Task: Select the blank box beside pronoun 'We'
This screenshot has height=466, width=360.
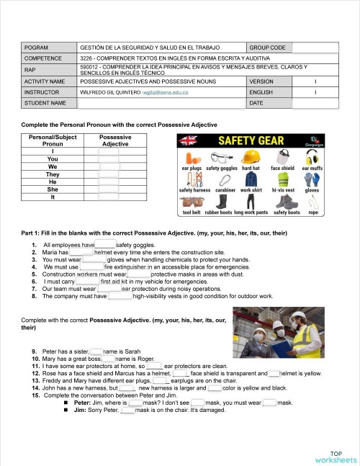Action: (109, 166)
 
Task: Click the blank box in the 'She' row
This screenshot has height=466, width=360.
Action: (109, 189)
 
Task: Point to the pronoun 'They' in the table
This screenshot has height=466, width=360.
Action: (53, 174)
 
